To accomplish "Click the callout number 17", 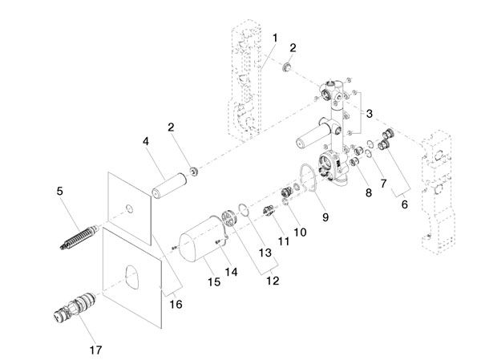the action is tap(95, 350).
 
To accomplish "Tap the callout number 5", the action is tap(60, 191).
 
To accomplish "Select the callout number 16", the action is tap(176, 304).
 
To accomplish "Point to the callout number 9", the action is tap(325, 217).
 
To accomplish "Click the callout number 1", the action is tap(275, 38).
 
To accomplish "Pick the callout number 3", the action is tap(370, 114).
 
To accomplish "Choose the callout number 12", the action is tap(273, 281).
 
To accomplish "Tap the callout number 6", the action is tap(405, 204).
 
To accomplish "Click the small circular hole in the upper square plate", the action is tap(130, 208).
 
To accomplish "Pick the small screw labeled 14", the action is tap(219, 242).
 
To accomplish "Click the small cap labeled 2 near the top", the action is tap(287, 67).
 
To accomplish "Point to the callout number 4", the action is tap(146, 141).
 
